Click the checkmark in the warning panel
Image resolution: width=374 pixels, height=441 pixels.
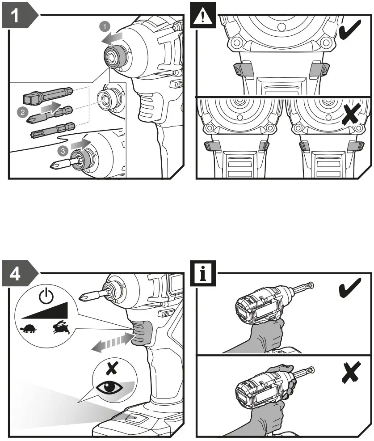click(x=351, y=33)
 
